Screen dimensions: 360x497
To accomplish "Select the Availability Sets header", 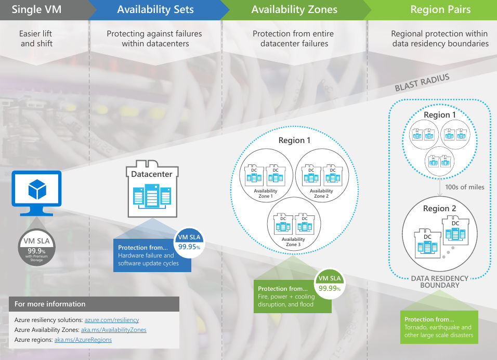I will point(155,9).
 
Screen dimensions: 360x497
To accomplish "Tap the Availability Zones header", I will point(294,9).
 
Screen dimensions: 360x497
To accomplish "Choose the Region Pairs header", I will point(440,9).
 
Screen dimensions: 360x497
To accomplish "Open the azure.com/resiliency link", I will point(111,320).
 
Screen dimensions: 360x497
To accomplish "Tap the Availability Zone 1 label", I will point(266,194).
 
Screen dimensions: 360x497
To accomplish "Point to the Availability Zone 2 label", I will point(321,194).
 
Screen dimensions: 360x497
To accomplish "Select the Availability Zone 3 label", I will point(293,242).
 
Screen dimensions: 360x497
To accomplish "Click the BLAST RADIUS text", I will point(422,83).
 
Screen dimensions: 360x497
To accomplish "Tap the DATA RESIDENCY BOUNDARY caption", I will point(440,281).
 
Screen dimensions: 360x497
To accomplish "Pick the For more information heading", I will point(50,304).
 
